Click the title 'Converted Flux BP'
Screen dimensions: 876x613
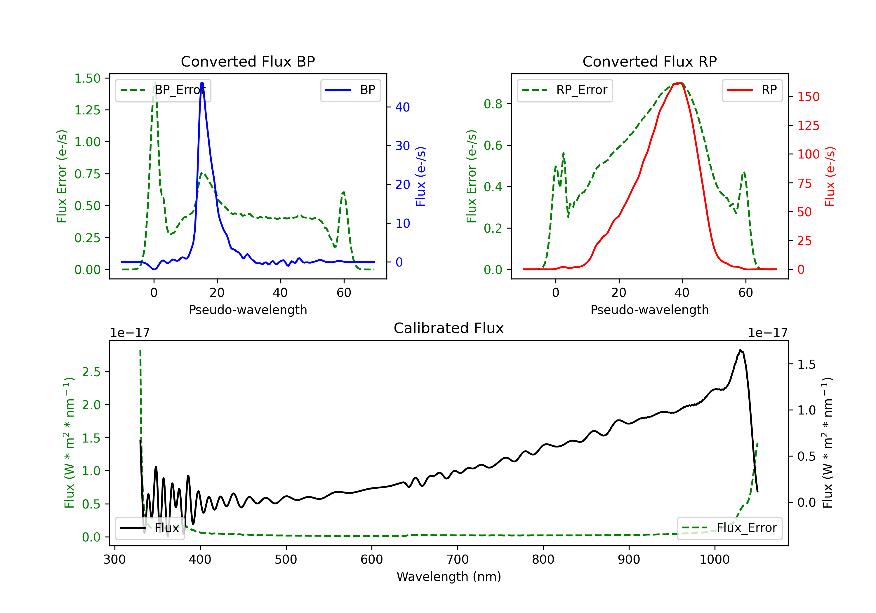coord(248,61)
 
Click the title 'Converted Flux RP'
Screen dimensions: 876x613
coord(649,61)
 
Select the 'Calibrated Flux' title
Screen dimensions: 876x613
coord(449,328)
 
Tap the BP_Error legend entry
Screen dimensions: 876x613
coord(163,90)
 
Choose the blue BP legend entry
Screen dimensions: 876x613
coord(350,90)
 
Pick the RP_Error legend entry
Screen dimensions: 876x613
coord(565,90)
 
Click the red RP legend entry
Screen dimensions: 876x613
coord(752,90)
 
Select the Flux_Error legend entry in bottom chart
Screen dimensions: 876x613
coord(729,528)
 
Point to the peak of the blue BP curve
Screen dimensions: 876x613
coord(202,83)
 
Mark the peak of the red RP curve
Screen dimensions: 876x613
coord(680,83)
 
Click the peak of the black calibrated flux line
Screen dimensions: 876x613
coord(740,349)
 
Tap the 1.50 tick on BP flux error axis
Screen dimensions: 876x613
coord(87,78)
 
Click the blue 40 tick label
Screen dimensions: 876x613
coord(402,107)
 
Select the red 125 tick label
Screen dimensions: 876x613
coord(808,126)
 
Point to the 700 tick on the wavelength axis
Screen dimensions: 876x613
coord(458,560)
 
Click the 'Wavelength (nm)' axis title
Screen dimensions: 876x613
coord(449,577)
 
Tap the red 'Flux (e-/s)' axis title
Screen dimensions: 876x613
coord(830,176)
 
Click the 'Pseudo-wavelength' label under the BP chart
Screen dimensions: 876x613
coord(248,310)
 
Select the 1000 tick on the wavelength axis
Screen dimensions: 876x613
coord(714,560)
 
